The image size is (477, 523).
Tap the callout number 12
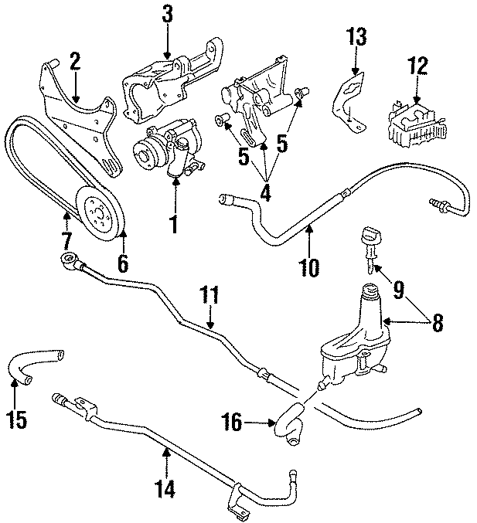click(x=417, y=66)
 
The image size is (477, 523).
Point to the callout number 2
click(x=75, y=61)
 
